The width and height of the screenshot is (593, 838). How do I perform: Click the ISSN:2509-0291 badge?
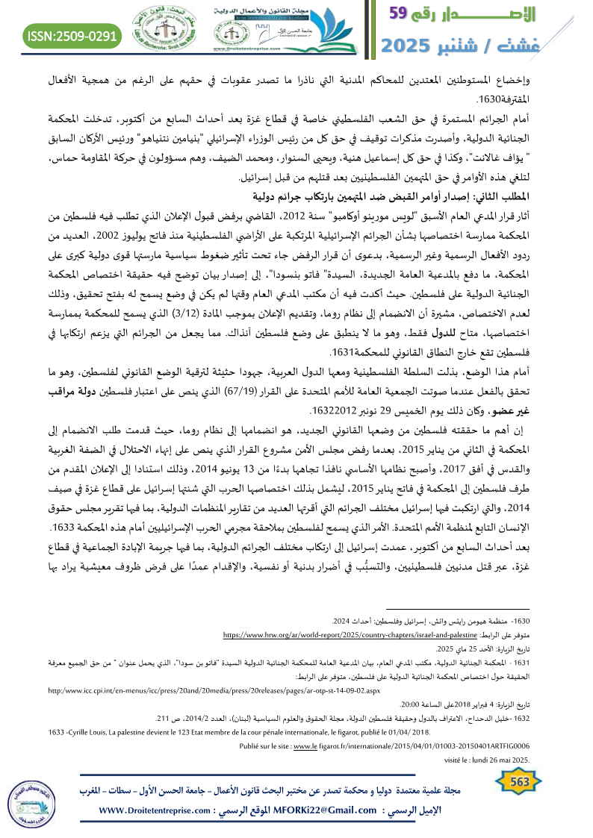click(x=73, y=36)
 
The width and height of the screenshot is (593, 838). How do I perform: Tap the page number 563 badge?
click(x=518, y=780)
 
